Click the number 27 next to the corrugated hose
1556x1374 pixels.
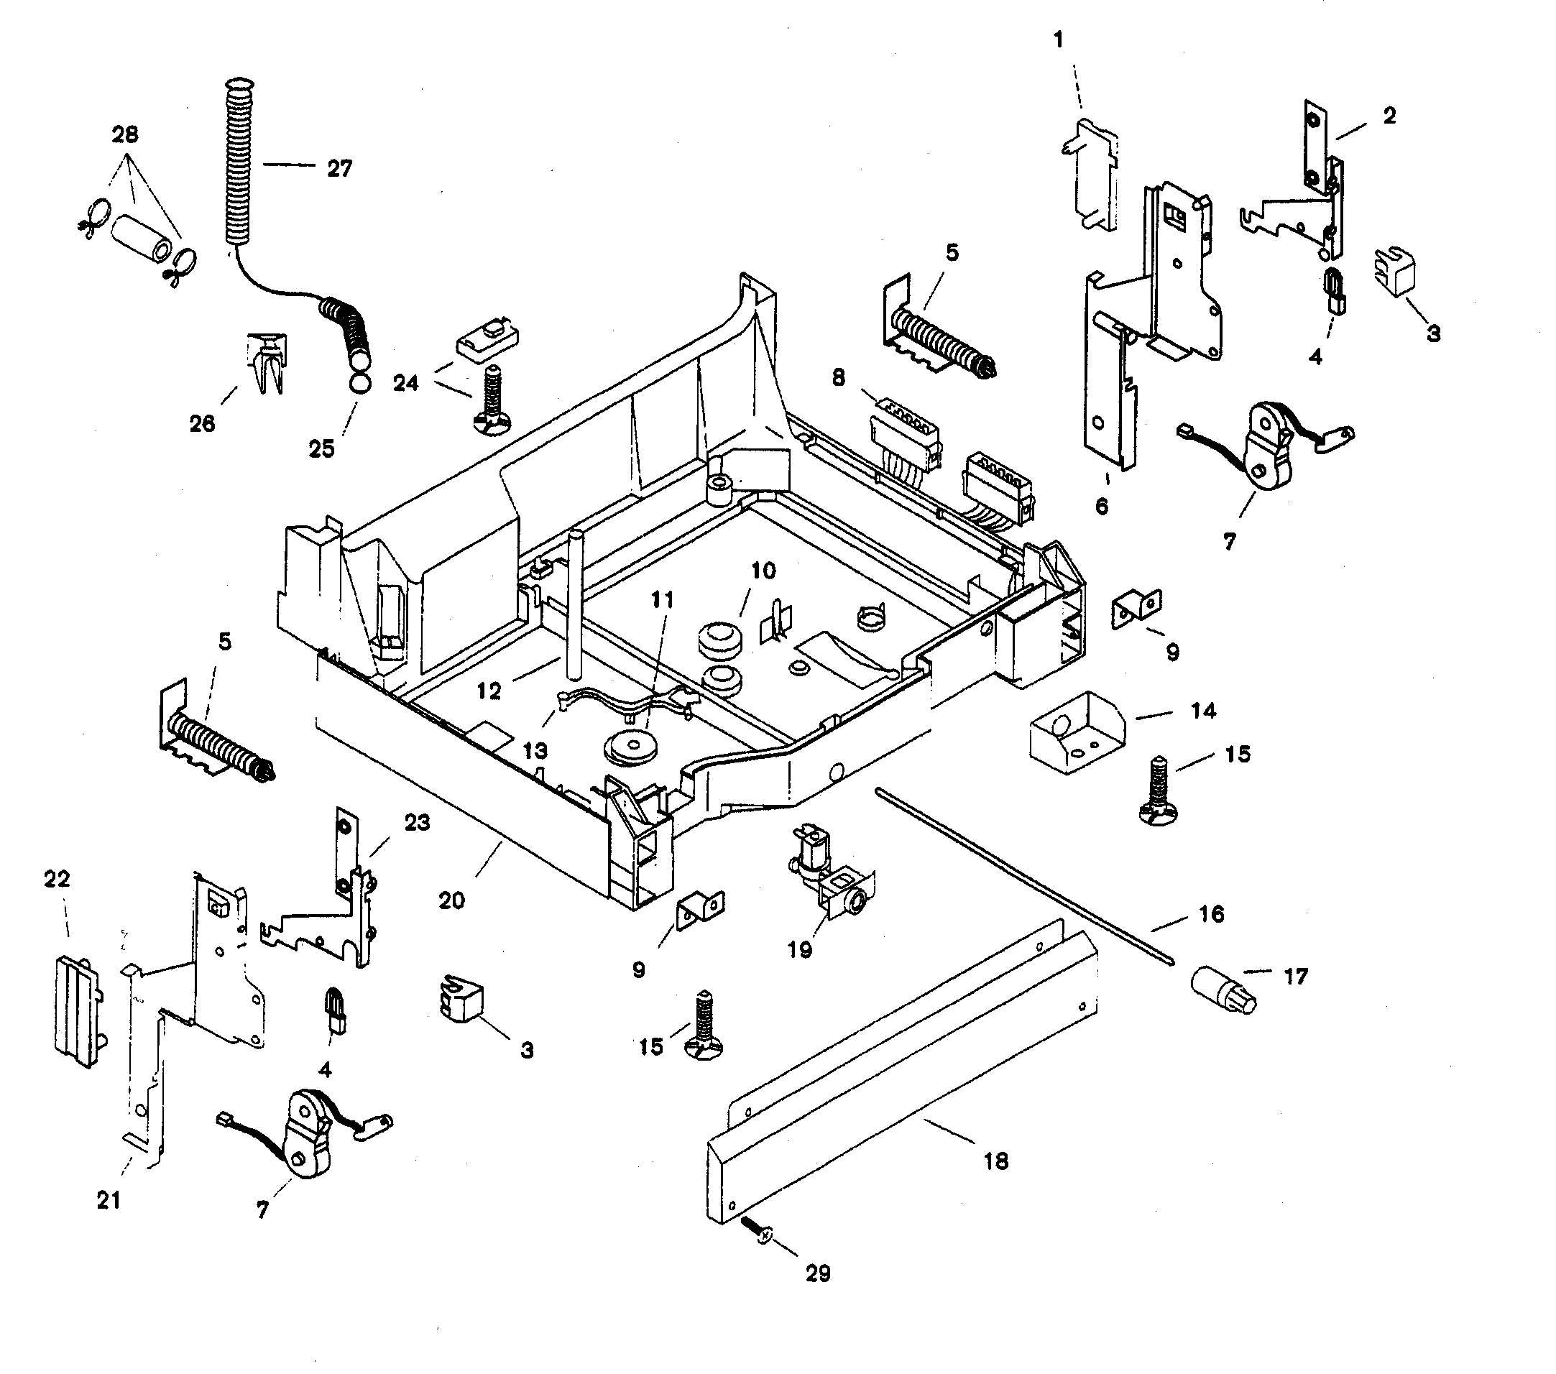coord(339,168)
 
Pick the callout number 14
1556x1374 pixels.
coord(1203,711)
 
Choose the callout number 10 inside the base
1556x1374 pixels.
coord(763,570)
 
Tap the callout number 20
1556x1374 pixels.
coord(451,900)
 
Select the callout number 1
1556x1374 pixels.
coord(1058,40)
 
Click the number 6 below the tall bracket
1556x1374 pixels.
coord(1102,506)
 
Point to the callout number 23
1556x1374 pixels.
coord(416,823)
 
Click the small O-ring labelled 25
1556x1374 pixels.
coord(362,383)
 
